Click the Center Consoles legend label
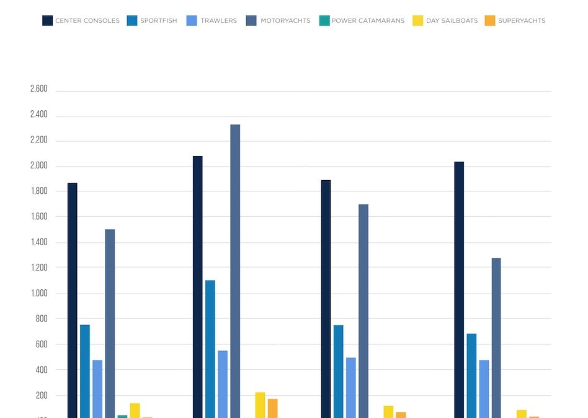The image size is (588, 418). pos(87,20)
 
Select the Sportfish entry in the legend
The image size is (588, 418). pos(159,20)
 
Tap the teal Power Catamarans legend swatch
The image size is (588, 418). pos(324,20)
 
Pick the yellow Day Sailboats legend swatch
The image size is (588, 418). pos(418,20)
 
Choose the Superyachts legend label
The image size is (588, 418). pos(522,20)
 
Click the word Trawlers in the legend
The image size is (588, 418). pos(218,20)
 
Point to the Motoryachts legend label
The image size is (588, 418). pos(285,20)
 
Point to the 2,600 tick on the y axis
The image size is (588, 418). pos(39,89)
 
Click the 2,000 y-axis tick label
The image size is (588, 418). pos(39,165)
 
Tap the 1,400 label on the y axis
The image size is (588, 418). pos(39,242)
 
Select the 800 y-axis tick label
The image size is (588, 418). pos(42,319)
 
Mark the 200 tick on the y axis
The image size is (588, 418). pos(42,396)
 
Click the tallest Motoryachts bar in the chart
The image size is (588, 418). pos(235,271)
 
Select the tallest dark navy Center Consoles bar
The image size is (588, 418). pos(198,287)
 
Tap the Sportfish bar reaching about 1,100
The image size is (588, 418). pos(210,349)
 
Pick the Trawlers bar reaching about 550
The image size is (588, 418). pos(223,385)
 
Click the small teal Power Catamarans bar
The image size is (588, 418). pos(122,417)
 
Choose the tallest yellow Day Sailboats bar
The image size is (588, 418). pos(261,405)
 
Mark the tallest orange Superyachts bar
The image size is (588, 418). pos(273,408)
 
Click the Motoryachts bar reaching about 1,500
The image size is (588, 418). pos(110,324)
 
